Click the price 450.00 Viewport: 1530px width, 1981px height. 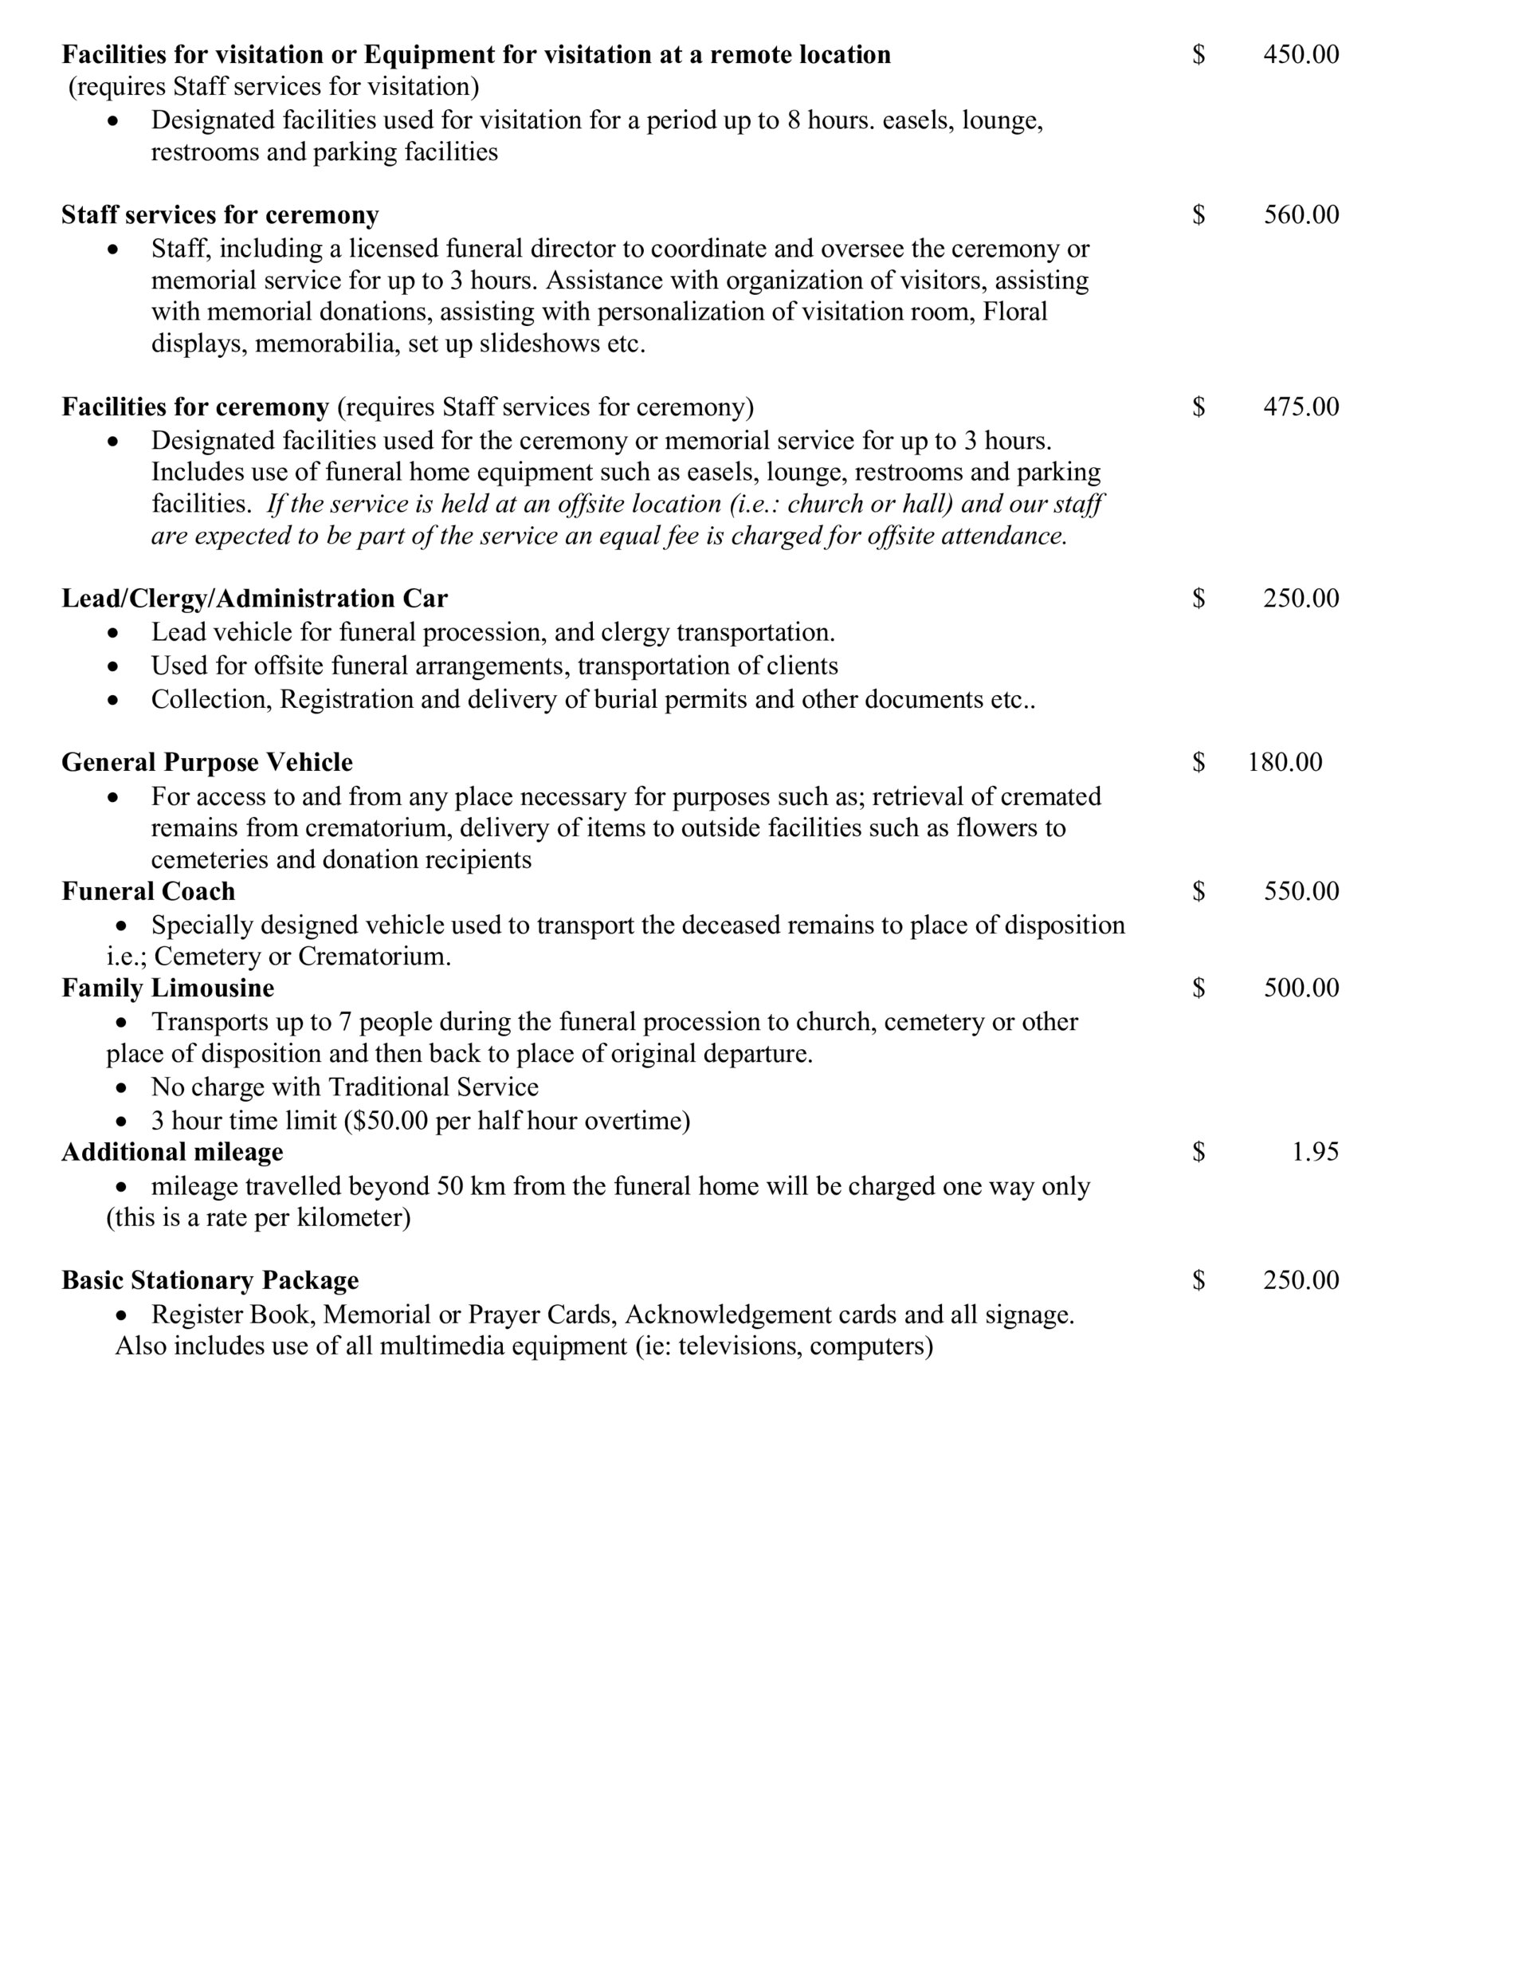[1300, 54]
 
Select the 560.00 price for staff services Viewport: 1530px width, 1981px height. [1300, 215]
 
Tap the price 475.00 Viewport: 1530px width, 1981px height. [1300, 407]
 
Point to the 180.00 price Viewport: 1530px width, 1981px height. [1285, 762]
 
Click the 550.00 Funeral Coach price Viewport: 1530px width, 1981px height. [1300, 890]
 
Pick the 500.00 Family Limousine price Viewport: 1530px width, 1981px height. [1300, 988]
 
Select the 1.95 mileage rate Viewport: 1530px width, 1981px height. [1315, 1152]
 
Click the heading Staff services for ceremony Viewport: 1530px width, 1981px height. [221, 215]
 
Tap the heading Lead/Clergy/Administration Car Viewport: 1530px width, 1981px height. [255, 599]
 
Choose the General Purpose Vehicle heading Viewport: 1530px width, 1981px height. [206, 762]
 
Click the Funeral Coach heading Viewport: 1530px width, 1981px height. [148, 890]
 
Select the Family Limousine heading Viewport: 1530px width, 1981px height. [168, 988]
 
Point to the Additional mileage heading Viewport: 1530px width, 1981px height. [172, 1152]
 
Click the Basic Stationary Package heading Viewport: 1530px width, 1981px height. [210, 1279]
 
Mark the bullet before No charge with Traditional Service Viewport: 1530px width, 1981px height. [122, 1087]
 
